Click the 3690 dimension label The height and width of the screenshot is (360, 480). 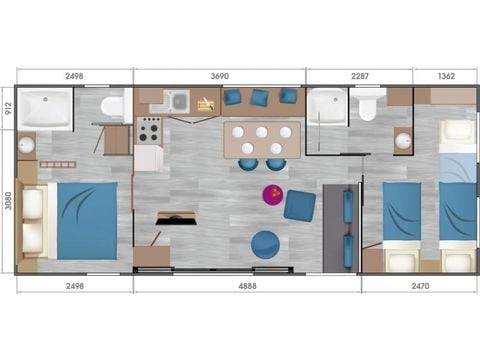[219, 75]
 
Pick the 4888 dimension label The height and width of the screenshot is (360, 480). [248, 285]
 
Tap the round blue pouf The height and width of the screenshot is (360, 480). [266, 244]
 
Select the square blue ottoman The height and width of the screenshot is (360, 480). [299, 206]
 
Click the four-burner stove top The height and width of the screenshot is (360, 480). [150, 130]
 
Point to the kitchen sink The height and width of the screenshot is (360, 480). [177, 101]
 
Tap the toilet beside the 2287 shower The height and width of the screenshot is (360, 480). [367, 105]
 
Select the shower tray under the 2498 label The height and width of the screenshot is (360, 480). [47, 108]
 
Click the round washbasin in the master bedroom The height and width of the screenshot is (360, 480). [25, 145]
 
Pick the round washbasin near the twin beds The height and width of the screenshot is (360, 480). [403, 141]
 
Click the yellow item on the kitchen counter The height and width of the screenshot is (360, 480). [207, 103]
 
